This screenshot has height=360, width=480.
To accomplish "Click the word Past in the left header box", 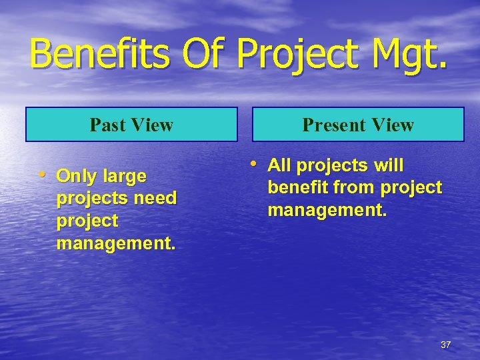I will pyautogui.click(x=109, y=125).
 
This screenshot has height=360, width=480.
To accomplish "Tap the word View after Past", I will pyautogui.click(x=153, y=125).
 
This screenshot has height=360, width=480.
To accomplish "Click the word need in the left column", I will pyautogui.click(x=155, y=199).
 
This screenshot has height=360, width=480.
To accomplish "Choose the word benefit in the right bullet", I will pyautogui.click(x=298, y=188).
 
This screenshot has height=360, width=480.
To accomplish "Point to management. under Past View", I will pyautogui.click(x=117, y=243).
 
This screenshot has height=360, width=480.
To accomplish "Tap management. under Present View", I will pyautogui.click(x=327, y=211).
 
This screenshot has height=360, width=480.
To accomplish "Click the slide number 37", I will pyautogui.click(x=446, y=345).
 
